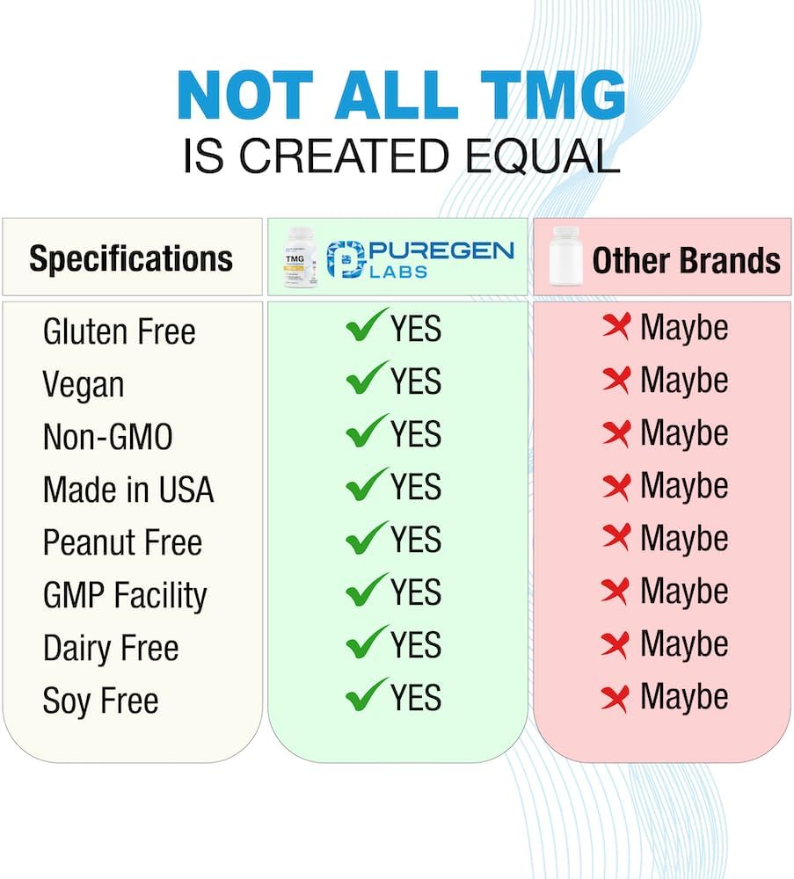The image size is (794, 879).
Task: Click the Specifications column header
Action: [x=131, y=258]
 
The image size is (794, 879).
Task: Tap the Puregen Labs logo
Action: [x=419, y=259]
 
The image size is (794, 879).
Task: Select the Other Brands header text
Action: [x=686, y=260]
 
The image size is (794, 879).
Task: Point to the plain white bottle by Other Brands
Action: [x=565, y=257]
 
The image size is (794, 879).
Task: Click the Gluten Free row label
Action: [x=119, y=332]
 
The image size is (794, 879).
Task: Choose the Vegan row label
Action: [x=84, y=385]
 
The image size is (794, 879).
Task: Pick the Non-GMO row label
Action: [x=107, y=437]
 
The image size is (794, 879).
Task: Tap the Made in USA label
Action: [x=128, y=490]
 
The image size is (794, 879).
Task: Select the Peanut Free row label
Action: [x=122, y=542]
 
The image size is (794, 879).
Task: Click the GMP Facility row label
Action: [x=125, y=596]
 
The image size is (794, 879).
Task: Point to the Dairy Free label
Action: [x=111, y=649]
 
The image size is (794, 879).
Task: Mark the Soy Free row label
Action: [x=100, y=701]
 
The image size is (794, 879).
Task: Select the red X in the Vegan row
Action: [x=617, y=380]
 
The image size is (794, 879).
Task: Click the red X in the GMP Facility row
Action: [x=617, y=591]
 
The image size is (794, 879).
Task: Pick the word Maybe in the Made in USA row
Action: [x=684, y=485]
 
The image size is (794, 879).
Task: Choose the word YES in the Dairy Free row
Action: [x=416, y=645]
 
